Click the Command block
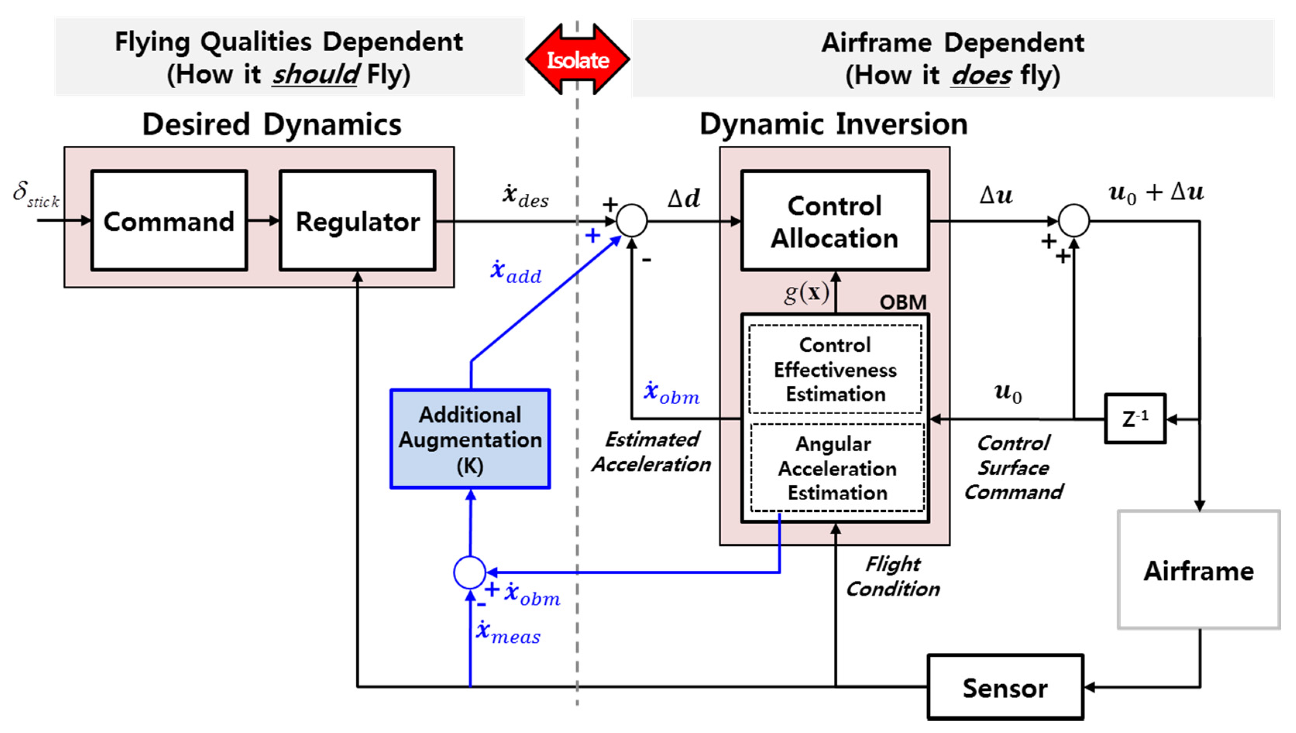coord(169,220)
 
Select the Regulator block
coord(358,220)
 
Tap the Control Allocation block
coord(834,220)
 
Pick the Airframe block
coord(1198,570)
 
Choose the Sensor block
coord(1005,687)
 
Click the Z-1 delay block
coord(1134,419)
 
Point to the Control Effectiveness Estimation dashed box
coord(835,370)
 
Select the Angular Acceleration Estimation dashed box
coord(837,468)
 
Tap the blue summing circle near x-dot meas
coord(469,572)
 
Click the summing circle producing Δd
coord(632,220)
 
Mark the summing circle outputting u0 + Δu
coord(1074,220)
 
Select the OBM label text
coord(903,302)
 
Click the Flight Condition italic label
coord(893,576)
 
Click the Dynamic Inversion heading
coord(834,124)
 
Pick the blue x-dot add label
coord(516,272)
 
